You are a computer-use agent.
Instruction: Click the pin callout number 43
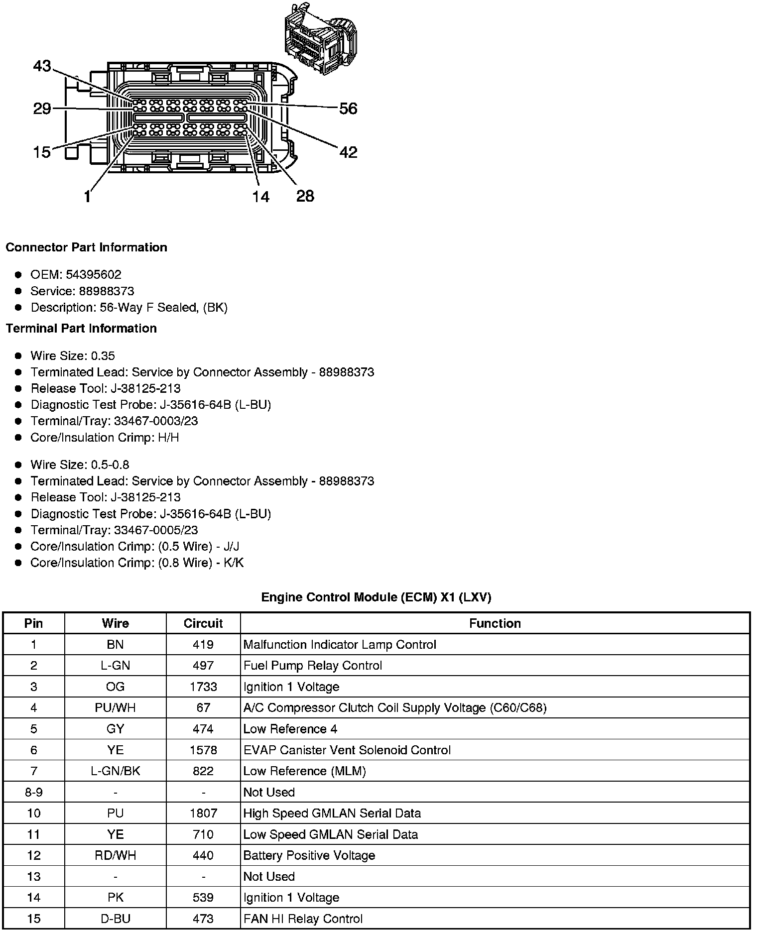[x=42, y=66]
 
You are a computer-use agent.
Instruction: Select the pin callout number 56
[x=348, y=109]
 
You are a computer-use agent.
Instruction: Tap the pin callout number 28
[x=305, y=196]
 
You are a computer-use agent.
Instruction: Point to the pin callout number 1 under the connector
[x=88, y=197]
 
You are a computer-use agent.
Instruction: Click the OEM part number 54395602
[x=93, y=275]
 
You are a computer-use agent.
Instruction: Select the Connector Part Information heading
[x=87, y=247]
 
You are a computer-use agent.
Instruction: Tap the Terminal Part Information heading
[x=81, y=329]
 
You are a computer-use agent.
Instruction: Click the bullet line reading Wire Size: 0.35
[x=73, y=356]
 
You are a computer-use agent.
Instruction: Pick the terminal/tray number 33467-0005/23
[x=156, y=530]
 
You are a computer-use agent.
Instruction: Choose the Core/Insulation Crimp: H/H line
[x=105, y=438]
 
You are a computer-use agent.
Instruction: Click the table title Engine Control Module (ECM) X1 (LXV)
[x=376, y=597]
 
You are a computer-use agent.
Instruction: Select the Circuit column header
[x=203, y=623]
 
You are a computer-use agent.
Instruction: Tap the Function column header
[x=495, y=623]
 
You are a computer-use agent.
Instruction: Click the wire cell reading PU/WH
[x=115, y=707]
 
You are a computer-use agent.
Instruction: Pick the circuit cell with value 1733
[x=203, y=687]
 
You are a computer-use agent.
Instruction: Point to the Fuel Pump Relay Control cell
[x=313, y=666]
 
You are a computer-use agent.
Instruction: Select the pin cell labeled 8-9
[x=33, y=792]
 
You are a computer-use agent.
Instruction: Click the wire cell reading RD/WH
[x=115, y=855]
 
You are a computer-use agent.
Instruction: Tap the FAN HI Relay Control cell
[x=303, y=919]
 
